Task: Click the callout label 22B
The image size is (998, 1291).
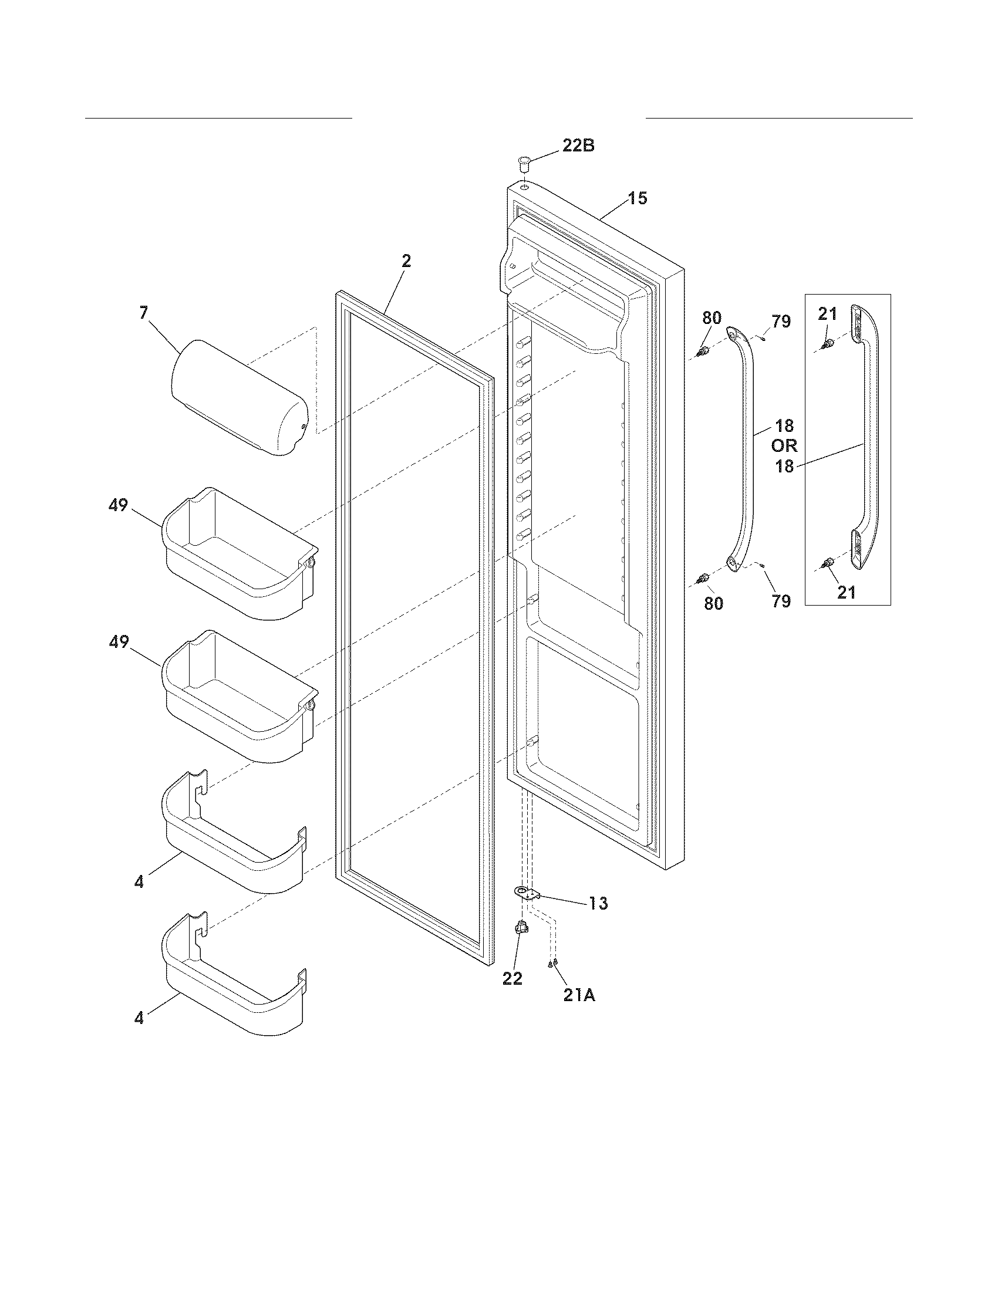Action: (x=578, y=146)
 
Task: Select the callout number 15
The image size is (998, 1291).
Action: (x=637, y=198)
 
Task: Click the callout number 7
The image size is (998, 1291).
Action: (x=144, y=313)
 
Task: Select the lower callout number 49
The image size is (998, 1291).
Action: (x=118, y=642)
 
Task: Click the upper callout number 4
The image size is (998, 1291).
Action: (x=139, y=883)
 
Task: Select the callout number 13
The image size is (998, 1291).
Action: (x=598, y=903)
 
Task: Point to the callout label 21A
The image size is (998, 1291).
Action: (x=579, y=996)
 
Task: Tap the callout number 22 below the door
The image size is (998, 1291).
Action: (x=512, y=978)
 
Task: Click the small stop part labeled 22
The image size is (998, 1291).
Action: (x=521, y=928)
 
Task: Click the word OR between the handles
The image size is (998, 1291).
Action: (x=784, y=446)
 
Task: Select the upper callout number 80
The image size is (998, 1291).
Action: (x=712, y=318)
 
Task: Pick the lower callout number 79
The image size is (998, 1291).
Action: (x=780, y=601)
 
